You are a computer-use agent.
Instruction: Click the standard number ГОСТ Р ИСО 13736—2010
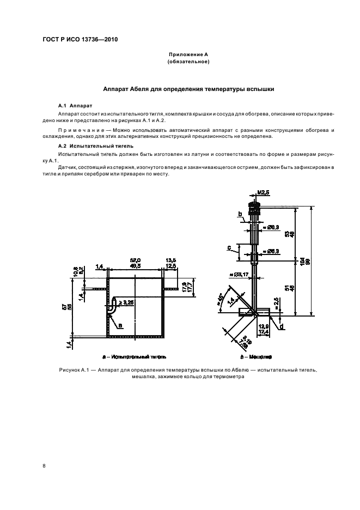coord(80,40)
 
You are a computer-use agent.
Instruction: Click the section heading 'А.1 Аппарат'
coord(76,104)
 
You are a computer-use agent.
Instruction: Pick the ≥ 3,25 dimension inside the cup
coord(129,301)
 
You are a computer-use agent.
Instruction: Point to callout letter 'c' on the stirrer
coord(230,246)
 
